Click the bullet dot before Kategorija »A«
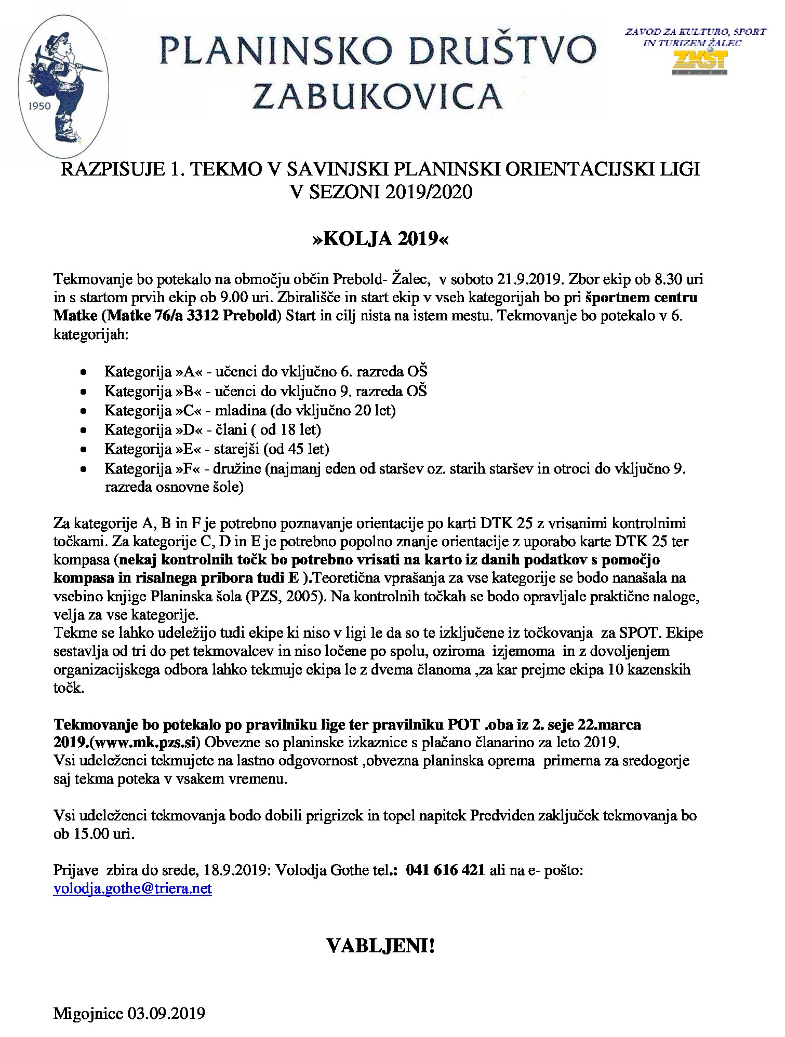(x=83, y=372)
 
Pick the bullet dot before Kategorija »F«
(x=83, y=469)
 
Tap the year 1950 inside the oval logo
(x=38, y=106)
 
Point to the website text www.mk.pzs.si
(x=146, y=743)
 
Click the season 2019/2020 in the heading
(x=429, y=192)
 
